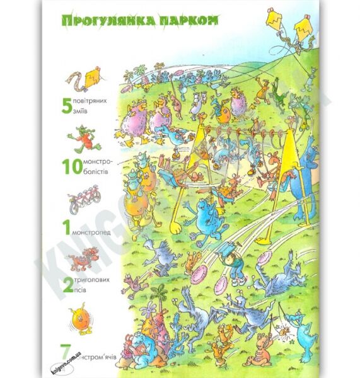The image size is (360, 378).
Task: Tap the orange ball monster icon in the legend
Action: (x=78, y=315)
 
